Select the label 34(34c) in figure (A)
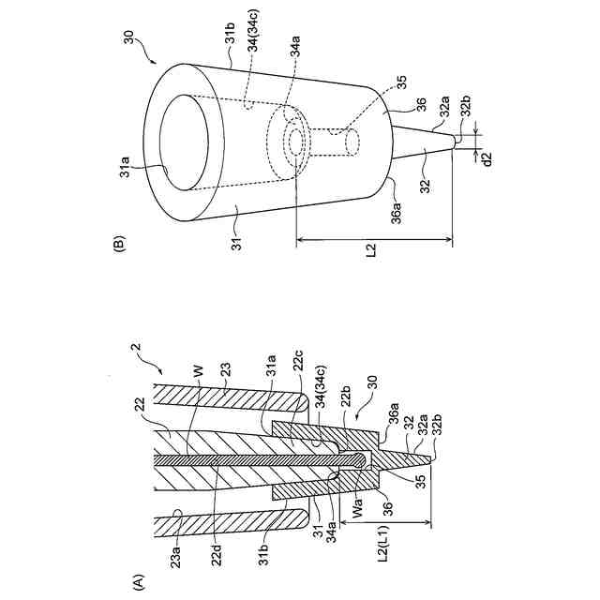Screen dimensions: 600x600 click(x=324, y=390)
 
